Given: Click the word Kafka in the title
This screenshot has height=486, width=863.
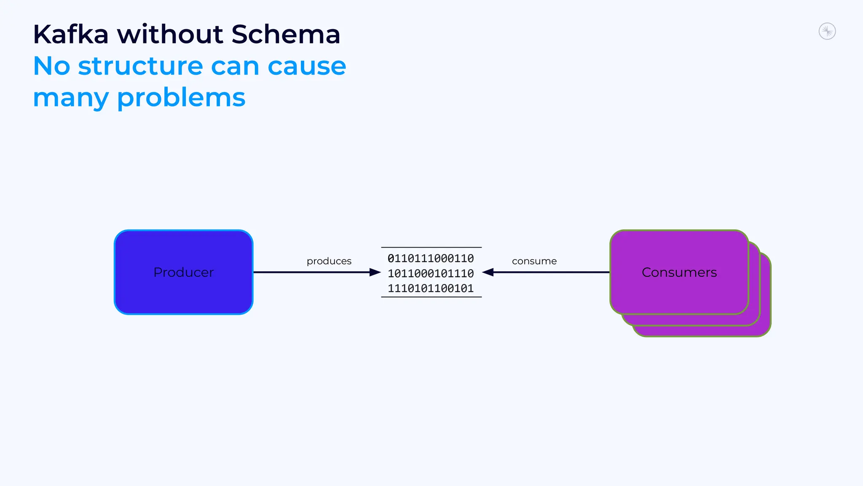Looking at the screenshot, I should pos(71,34).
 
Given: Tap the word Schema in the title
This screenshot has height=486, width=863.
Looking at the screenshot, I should pos(286,34).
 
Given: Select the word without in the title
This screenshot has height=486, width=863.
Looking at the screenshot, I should pos(170,34).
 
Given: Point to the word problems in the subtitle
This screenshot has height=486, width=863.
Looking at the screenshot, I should pos(181,98).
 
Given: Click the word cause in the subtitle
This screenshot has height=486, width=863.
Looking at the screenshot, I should pos(307,66).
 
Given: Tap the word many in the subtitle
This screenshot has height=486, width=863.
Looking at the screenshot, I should pos(71,98).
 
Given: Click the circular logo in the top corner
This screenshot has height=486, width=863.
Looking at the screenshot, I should pos(827,31).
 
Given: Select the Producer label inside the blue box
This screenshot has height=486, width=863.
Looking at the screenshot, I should pos(184,273).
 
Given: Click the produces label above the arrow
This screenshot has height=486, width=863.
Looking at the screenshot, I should pos(329,261).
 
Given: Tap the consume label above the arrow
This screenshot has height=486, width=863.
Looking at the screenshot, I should pos(534,261).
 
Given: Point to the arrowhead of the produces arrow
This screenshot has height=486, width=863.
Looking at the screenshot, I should pos(375,273).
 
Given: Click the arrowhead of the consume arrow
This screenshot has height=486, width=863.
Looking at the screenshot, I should pos(488,273).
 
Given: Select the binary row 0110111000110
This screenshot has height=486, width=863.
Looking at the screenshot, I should pos(431,258).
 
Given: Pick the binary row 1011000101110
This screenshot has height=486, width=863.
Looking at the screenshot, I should pos(431,273).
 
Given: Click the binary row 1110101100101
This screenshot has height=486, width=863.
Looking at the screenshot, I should pos(431,289).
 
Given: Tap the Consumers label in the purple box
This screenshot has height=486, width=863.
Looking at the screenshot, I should pos(679,273).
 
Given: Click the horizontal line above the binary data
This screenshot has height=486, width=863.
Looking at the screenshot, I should pos(431,247).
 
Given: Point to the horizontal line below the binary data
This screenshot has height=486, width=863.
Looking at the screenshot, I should pos(431,297).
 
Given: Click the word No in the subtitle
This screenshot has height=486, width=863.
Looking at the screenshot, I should pos(51,66).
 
